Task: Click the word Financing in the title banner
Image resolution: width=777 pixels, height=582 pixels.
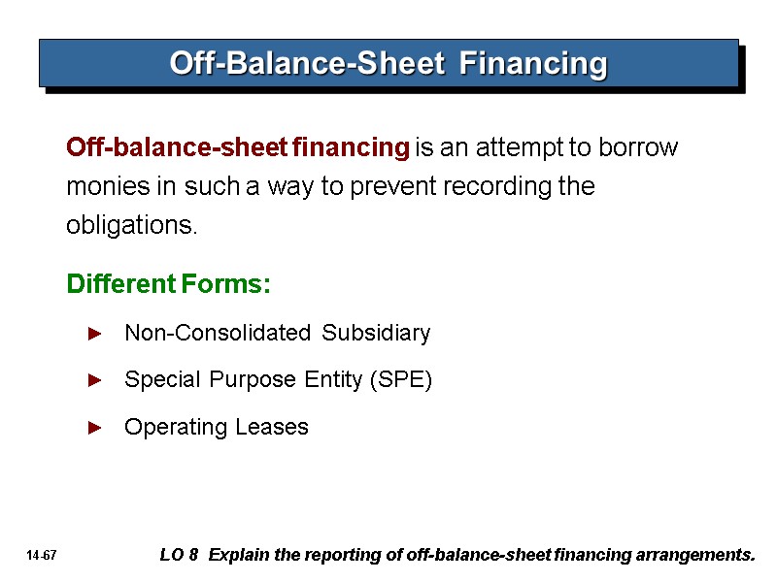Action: pyautogui.click(x=533, y=64)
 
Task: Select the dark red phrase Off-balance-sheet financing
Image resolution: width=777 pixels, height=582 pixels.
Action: pyautogui.click(x=238, y=148)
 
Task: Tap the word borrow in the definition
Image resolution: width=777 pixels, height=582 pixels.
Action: pyautogui.click(x=638, y=148)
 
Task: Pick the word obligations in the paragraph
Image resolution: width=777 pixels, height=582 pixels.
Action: pyautogui.click(x=131, y=226)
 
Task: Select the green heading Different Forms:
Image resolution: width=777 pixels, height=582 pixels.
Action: pyautogui.click(x=168, y=285)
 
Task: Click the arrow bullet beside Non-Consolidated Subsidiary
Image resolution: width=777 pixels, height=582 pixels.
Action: pyautogui.click(x=94, y=334)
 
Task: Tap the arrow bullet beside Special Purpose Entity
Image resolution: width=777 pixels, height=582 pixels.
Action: pyautogui.click(x=94, y=380)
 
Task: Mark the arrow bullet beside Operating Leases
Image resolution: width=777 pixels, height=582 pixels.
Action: pyautogui.click(x=94, y=427)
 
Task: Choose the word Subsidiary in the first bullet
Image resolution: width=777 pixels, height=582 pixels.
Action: pyautogui.click(x=376, y=334)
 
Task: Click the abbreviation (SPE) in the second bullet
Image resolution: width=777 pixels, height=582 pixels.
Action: pyautogui.click(x=400, y=380)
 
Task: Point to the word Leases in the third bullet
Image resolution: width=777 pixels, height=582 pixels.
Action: pyautogui.click(x=276, y=427)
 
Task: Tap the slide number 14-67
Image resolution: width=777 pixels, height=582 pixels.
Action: pyautogui.click(x=43, y=556)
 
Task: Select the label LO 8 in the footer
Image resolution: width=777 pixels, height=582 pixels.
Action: pyautogui.click(x=179, y=556)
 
